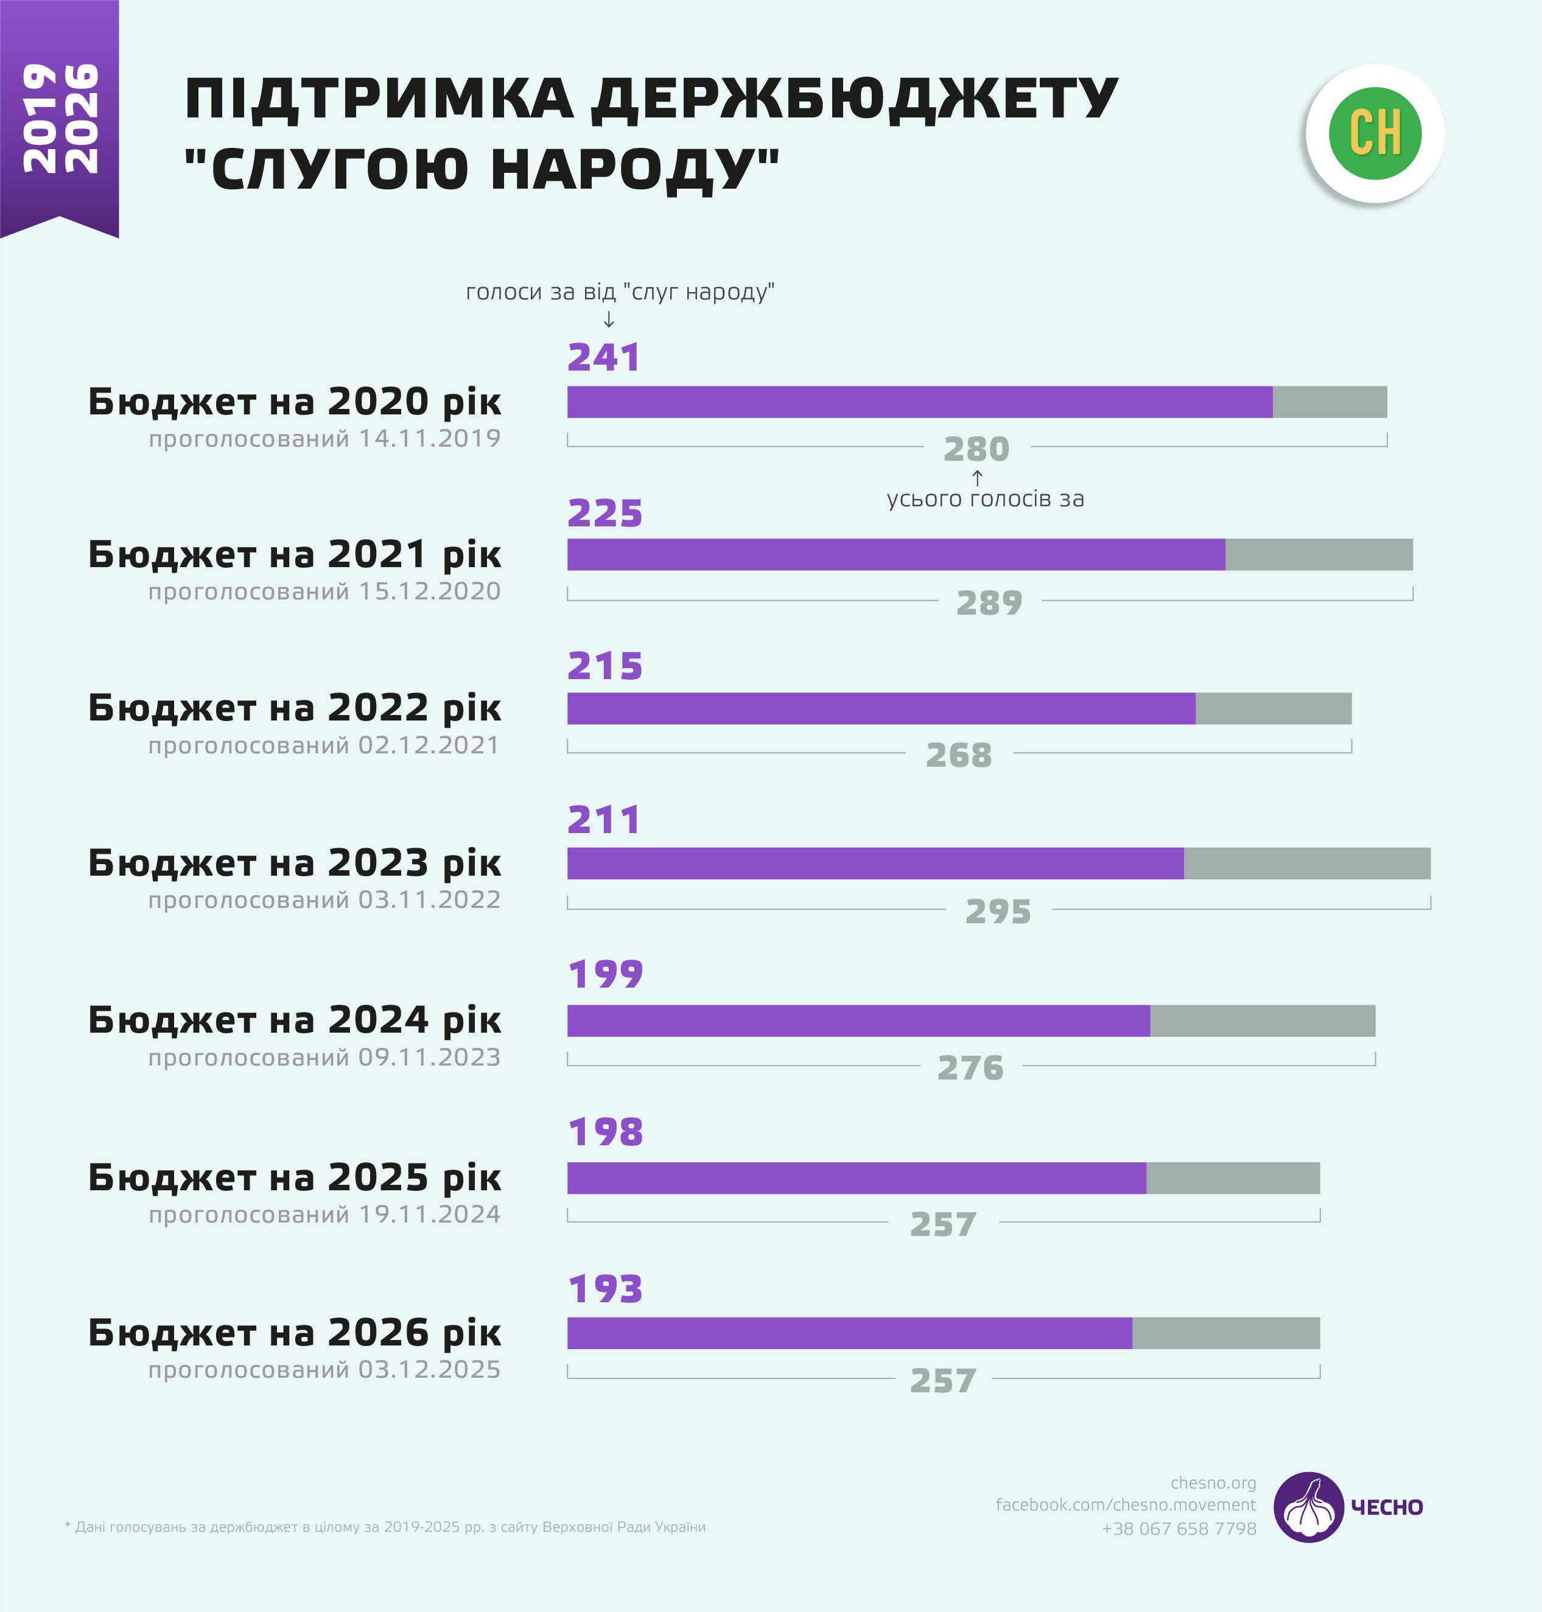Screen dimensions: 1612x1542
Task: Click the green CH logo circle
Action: coord(1375,133)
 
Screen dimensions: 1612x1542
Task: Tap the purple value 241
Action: coord(603,357)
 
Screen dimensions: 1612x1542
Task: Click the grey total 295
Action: coord(998,911)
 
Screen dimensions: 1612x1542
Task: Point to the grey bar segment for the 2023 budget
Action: coord(1307,864)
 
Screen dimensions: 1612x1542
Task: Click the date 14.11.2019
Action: coord(430,439)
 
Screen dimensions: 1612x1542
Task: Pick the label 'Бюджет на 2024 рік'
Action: coord(294,1020)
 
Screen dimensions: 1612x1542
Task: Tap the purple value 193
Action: coord(605,1288)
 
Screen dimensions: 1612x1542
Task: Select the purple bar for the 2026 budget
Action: coord(849,1333)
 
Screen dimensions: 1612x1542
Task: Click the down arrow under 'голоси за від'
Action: coord(608,319)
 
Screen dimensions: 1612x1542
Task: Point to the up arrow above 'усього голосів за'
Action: coord(977,477)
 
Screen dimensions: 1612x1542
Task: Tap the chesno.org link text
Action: coord(1213,1483)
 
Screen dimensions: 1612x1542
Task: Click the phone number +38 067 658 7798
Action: coord(1179,1528)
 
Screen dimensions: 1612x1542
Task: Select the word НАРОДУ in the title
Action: coord(634,169)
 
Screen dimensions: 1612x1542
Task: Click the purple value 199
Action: coord(605,974)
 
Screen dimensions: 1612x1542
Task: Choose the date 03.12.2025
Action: coord(429,1370)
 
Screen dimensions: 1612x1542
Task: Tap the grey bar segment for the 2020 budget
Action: coord(1329,402)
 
